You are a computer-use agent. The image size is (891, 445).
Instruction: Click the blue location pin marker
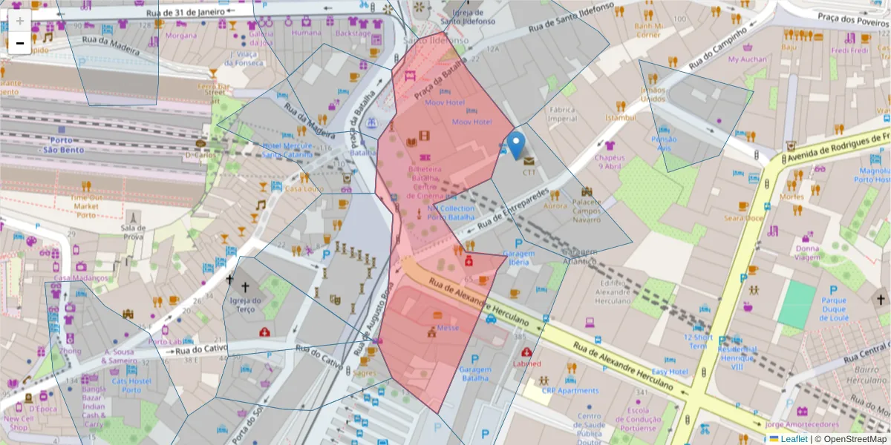(x=517, y=144)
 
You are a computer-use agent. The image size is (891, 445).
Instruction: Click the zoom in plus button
(x=20, y=21)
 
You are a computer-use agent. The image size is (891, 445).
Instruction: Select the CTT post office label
(x=529, y=172)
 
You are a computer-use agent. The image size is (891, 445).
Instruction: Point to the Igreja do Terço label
(x=246, y=305)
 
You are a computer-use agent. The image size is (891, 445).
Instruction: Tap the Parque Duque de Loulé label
(x=834, y=309)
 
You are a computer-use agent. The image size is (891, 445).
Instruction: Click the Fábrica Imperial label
(x=562, y=113)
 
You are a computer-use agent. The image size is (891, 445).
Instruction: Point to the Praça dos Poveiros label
(x=852, y=19)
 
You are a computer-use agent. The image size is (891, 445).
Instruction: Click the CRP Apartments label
(x=569, y=390)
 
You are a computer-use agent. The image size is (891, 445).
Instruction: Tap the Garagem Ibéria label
(x=519, y=257)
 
